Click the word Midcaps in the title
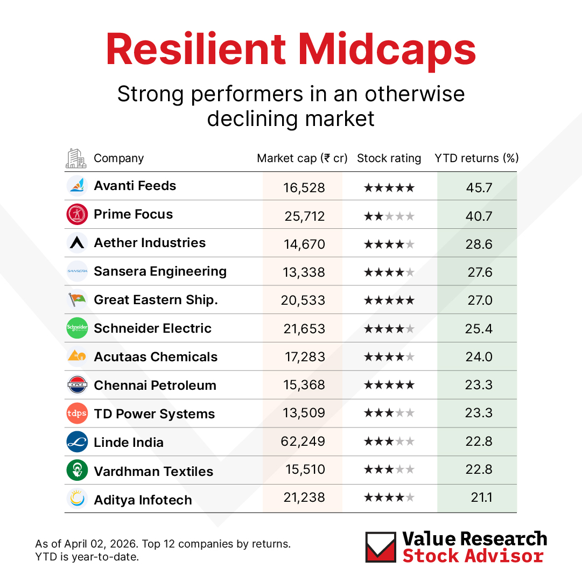click(x=387, y=50)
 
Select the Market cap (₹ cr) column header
click(x=302, y=158)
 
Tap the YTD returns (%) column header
click(x=476, y=158)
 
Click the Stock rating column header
click(x=389, y=158)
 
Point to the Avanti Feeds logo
click(x=77, y=186)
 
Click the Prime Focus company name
click(x=133, y=214)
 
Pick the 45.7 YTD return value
click(x=479, y=188)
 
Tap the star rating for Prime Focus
click(x=389, y=216)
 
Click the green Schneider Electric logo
click(x=77, y=328)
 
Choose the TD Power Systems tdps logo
click(x=77, y=413)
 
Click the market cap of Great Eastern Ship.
click(x=303, y=300)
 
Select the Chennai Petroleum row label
click(x=155, y=385)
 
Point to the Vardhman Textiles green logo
click(x=77, y=471)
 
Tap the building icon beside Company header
click(x=76, y=158)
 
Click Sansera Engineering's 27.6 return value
click(x=479, y=272)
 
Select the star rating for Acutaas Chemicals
click(x=389, y=357)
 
